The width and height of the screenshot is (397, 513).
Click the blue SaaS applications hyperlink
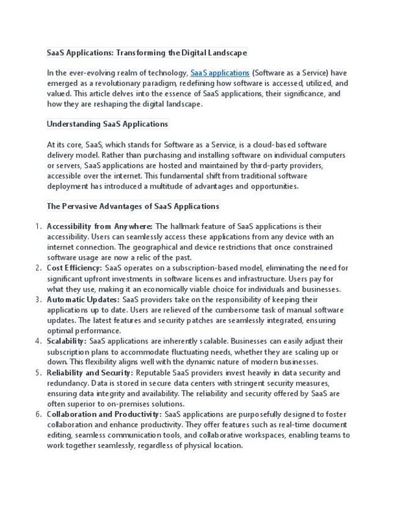220,73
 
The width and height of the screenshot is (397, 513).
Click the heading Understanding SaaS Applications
107,124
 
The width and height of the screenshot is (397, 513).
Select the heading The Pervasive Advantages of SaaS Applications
133,206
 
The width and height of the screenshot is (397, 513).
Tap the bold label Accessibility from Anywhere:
100,226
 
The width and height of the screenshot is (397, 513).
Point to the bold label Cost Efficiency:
75,268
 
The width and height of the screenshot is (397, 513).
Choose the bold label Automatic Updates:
83,300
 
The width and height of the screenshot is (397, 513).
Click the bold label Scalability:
67,341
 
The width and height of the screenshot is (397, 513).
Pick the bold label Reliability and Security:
90,373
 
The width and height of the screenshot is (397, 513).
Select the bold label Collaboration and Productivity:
104,414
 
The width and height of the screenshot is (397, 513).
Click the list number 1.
38,226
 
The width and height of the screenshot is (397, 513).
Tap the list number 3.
38,300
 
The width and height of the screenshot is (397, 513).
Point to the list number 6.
38,414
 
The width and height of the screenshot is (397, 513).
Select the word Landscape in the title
227,52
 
